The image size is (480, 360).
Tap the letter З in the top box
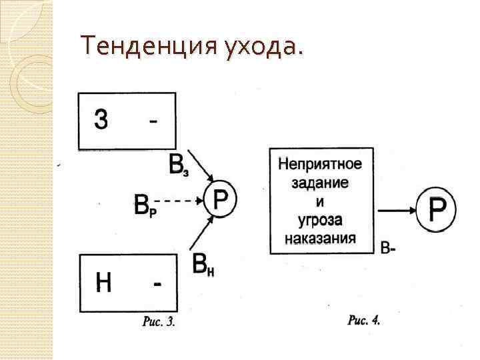coord(101,121)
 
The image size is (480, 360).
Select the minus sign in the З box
coord(154,121)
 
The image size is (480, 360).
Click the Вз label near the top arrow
coord(177,164)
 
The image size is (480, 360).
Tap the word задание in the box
coord(320,182)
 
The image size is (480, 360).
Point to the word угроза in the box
coord(320,219)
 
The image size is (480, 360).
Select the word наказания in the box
coord(320,238)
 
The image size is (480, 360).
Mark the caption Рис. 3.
coord(159,323)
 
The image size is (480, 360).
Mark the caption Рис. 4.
coord(364,321)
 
